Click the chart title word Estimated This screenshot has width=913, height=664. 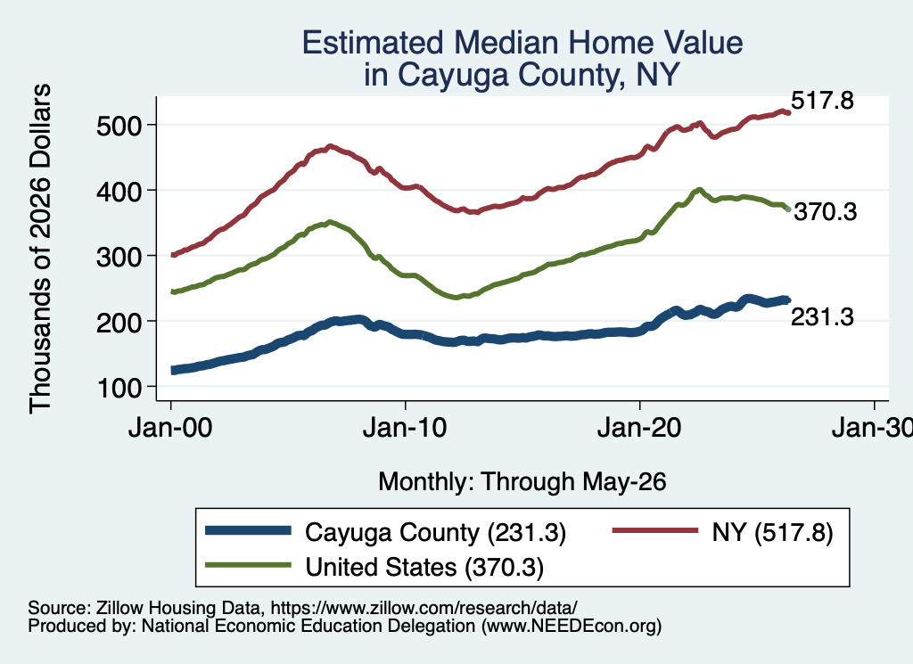click(373, 43)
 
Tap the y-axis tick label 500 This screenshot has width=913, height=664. click(119, 126)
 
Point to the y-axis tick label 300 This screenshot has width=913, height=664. click(119, 257)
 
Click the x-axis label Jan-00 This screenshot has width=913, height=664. click(170, 429)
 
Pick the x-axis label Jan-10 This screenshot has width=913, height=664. click(405, 429)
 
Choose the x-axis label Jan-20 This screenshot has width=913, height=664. click(639, 429)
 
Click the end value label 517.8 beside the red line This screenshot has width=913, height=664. click(822, 101)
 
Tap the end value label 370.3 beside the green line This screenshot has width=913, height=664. click(826, 212)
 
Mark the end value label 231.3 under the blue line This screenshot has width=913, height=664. click(822, 317)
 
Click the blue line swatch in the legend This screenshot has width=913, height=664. click(248, 530)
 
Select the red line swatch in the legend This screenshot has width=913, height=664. click(655, 530)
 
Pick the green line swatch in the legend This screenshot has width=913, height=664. click(248, 565)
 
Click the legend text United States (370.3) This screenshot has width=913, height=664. click(424, 568)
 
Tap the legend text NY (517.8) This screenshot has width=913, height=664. click(773, 532)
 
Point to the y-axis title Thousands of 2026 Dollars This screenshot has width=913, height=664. click(41, 249)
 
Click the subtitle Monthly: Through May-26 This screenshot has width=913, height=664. click(522, 482)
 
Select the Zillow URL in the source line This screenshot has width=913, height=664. click(424, 608)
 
